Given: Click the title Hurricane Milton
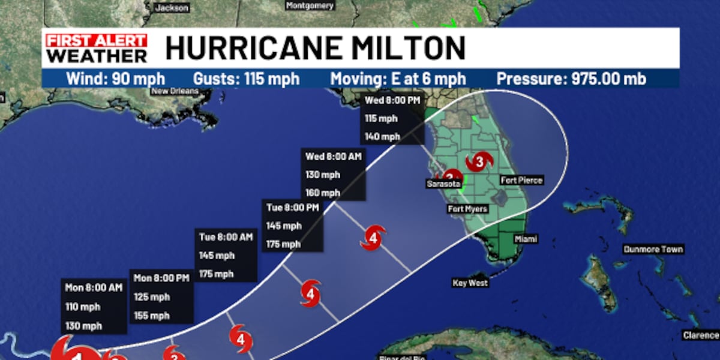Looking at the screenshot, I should click(x=315, y=48).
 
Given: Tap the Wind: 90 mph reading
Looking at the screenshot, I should click(x=115, y=79).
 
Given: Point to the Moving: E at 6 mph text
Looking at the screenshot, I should click(x=398, y=79).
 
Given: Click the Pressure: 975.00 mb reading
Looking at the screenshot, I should click(x=571, y=79).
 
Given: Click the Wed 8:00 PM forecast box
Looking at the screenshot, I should click(x=392, y=118).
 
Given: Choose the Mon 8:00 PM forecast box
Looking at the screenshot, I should click(x=161, y=296).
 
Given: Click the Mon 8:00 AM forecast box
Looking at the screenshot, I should click(x=94, y=306).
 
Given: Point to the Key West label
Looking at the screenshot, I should click(x=470, y=283).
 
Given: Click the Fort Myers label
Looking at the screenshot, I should click(x=467, y=209).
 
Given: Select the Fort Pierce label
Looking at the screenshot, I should click(x=521, y=180).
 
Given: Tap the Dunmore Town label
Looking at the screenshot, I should click(x=653, y=250).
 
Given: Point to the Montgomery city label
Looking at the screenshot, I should click(x=310, y=6).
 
